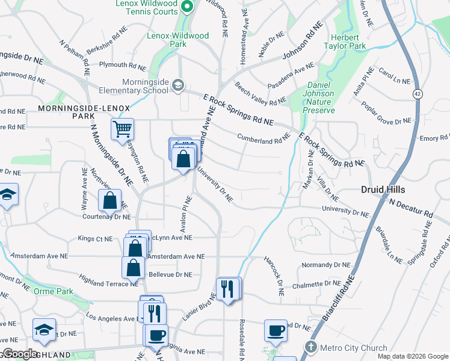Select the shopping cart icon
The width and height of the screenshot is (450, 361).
(x=122, y=128)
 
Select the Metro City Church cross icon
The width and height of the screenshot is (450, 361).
(x=310, y=347)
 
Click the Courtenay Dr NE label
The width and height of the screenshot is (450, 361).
(x=106, y=217)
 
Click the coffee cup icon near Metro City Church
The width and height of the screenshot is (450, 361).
(x=276, y=330)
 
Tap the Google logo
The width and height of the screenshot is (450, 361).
(x=20, y=354)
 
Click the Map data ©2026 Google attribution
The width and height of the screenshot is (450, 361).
(x=412, y=356)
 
